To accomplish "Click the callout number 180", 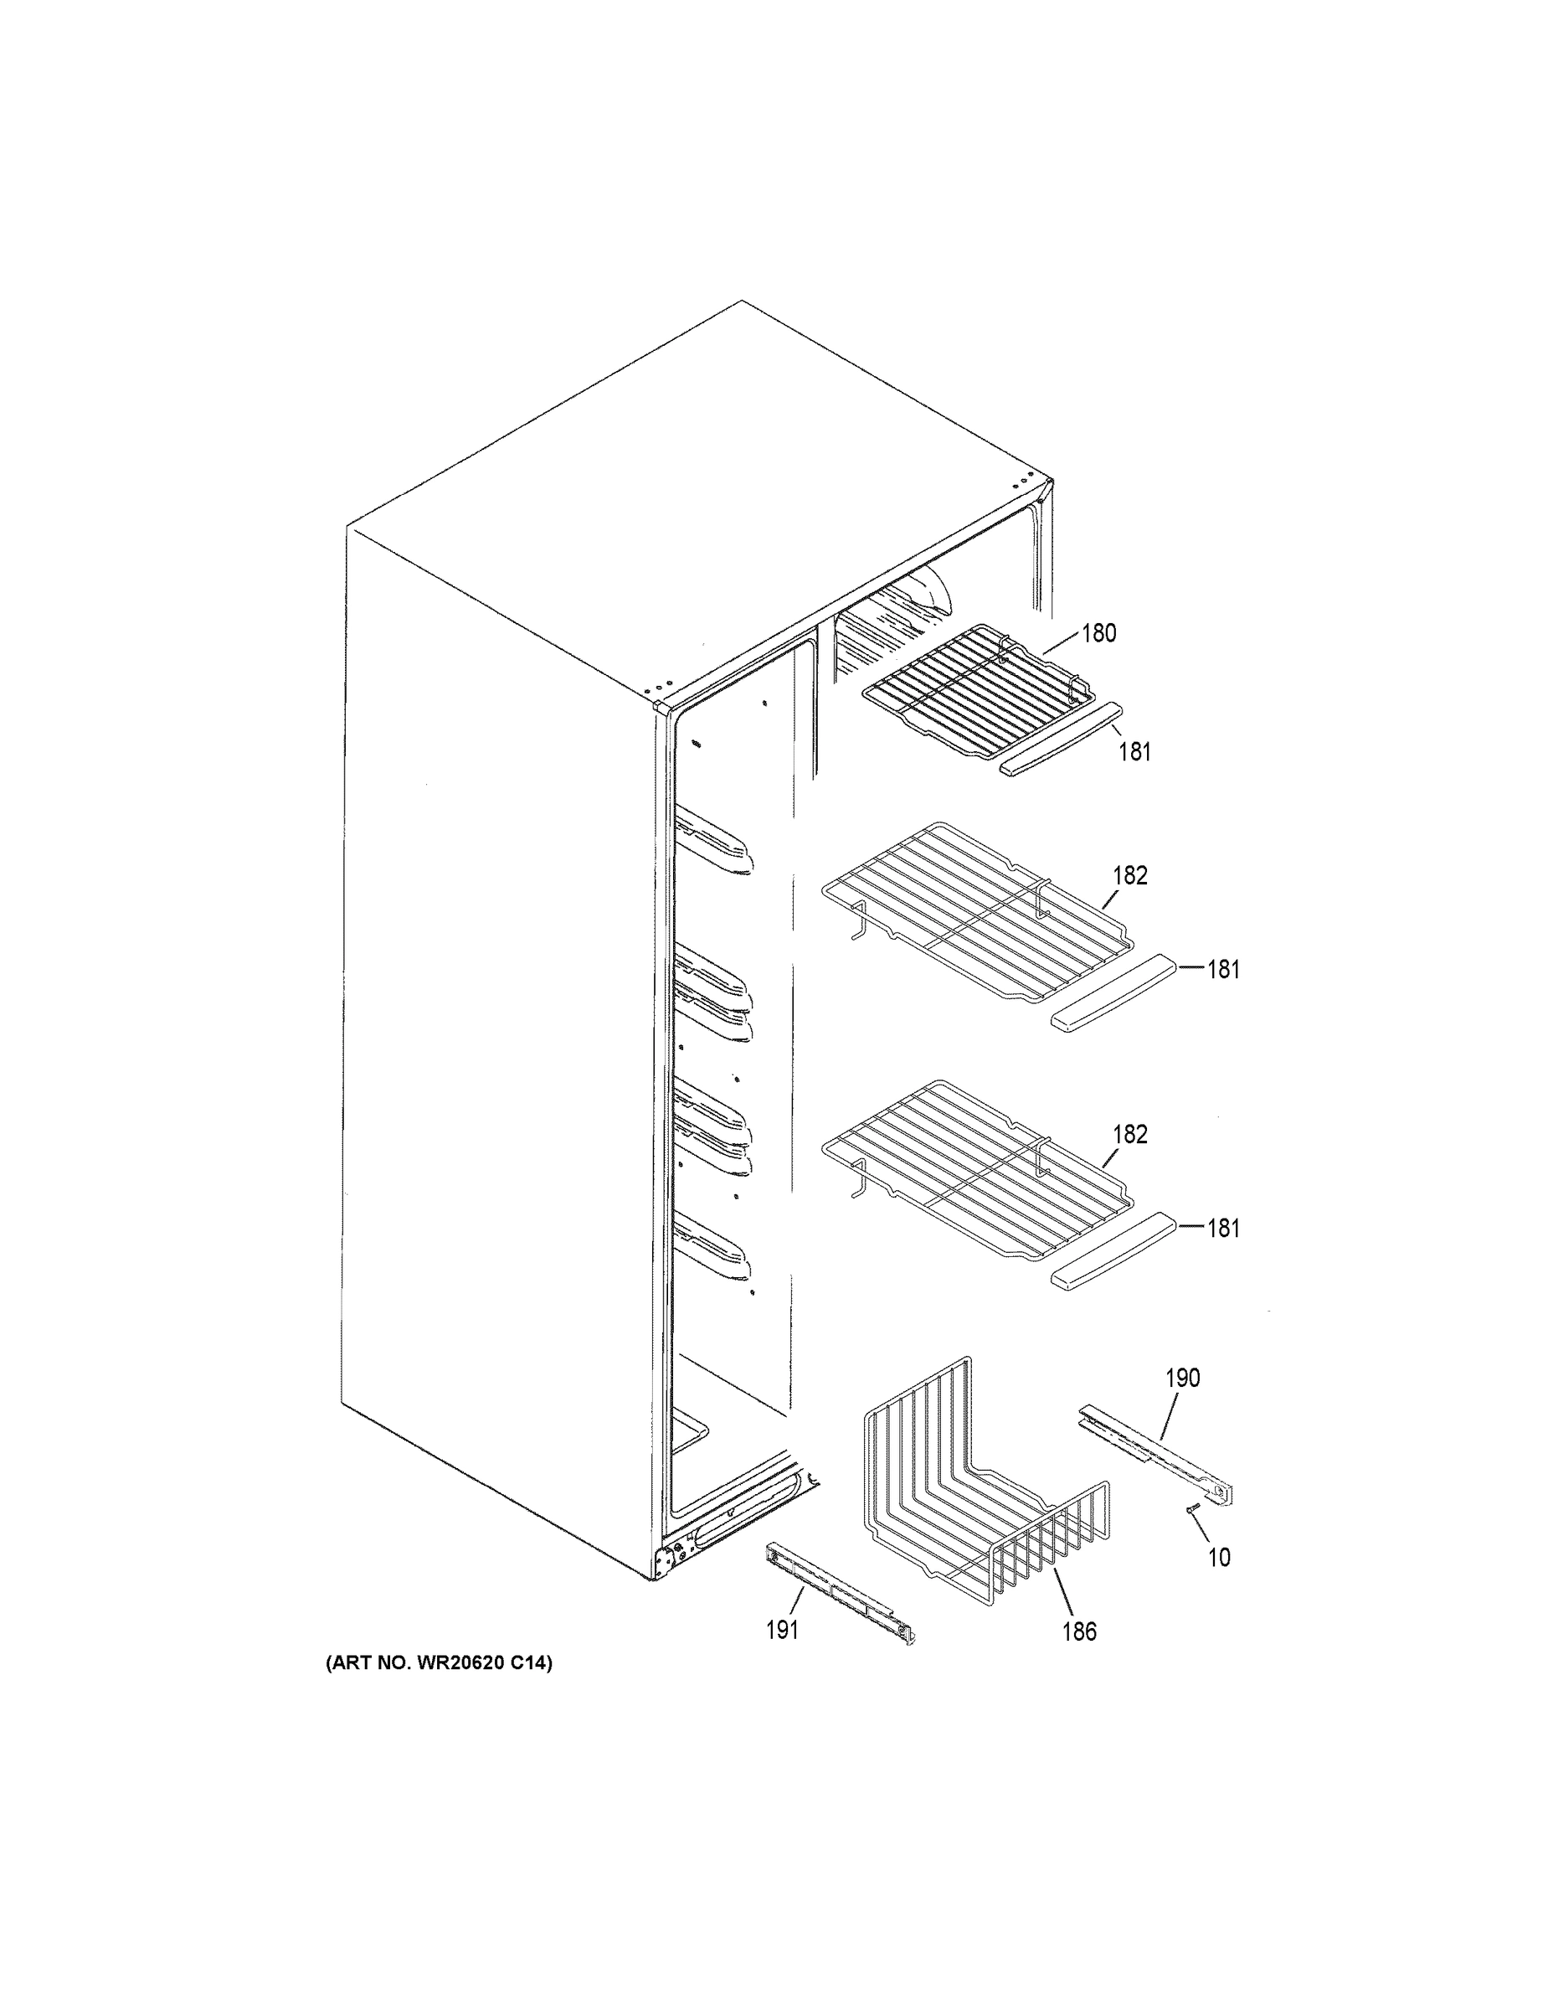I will coord(1098,633).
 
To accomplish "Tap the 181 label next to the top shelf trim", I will coord(1134,752).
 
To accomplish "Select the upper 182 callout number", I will coord(1129,875).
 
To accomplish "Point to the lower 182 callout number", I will coord(1129,1134).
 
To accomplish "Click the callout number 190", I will coord(1182,1378).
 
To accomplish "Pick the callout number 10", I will coord(1218,1557).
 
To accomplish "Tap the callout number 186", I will coord(1079,1631).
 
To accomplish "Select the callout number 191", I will coord(782,1631).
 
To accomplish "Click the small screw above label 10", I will coord(1192,1507).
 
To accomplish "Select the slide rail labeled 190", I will coord(1154,1459).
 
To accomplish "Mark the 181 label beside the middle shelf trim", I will coord(1222,969).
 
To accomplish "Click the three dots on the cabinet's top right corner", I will coord(1023,483).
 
